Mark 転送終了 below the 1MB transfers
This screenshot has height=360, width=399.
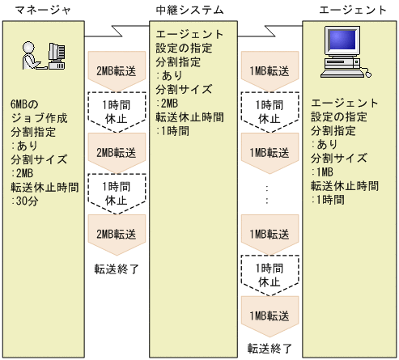coord(270,349)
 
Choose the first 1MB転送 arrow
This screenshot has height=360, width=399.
coord(270,70)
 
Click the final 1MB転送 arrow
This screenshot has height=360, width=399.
coord(270,314)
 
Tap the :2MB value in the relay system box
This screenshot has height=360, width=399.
coord(168,104)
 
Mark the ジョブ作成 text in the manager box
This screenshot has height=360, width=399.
coord(33,119)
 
